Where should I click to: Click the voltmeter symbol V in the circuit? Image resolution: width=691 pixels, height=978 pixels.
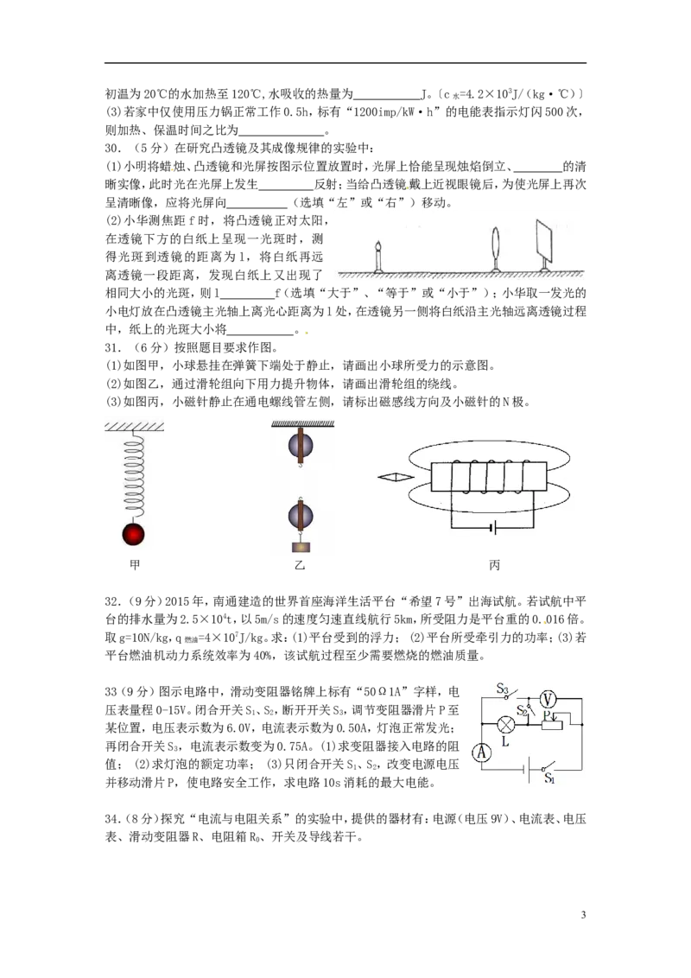548,699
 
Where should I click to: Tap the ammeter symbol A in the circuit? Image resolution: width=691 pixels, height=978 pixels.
481,753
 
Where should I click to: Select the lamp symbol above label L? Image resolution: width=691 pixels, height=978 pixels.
505,724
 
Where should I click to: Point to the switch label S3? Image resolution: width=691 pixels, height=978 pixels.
503,689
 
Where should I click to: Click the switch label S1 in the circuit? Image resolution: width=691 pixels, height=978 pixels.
549,778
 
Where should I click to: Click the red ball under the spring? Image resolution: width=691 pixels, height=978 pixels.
133,535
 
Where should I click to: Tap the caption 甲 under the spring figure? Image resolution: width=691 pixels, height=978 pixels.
135,564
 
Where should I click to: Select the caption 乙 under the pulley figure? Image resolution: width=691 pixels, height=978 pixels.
300,564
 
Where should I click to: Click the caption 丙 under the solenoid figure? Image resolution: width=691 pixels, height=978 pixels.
495,564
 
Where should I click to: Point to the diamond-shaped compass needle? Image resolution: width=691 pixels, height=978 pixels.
396,477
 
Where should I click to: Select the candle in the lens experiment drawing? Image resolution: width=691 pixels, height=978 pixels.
378,257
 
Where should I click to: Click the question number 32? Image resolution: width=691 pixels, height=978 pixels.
112,601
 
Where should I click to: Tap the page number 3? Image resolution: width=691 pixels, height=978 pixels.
583,915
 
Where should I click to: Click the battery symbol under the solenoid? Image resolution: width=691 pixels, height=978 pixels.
492,529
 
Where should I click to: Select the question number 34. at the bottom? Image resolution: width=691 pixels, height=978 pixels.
112,818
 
